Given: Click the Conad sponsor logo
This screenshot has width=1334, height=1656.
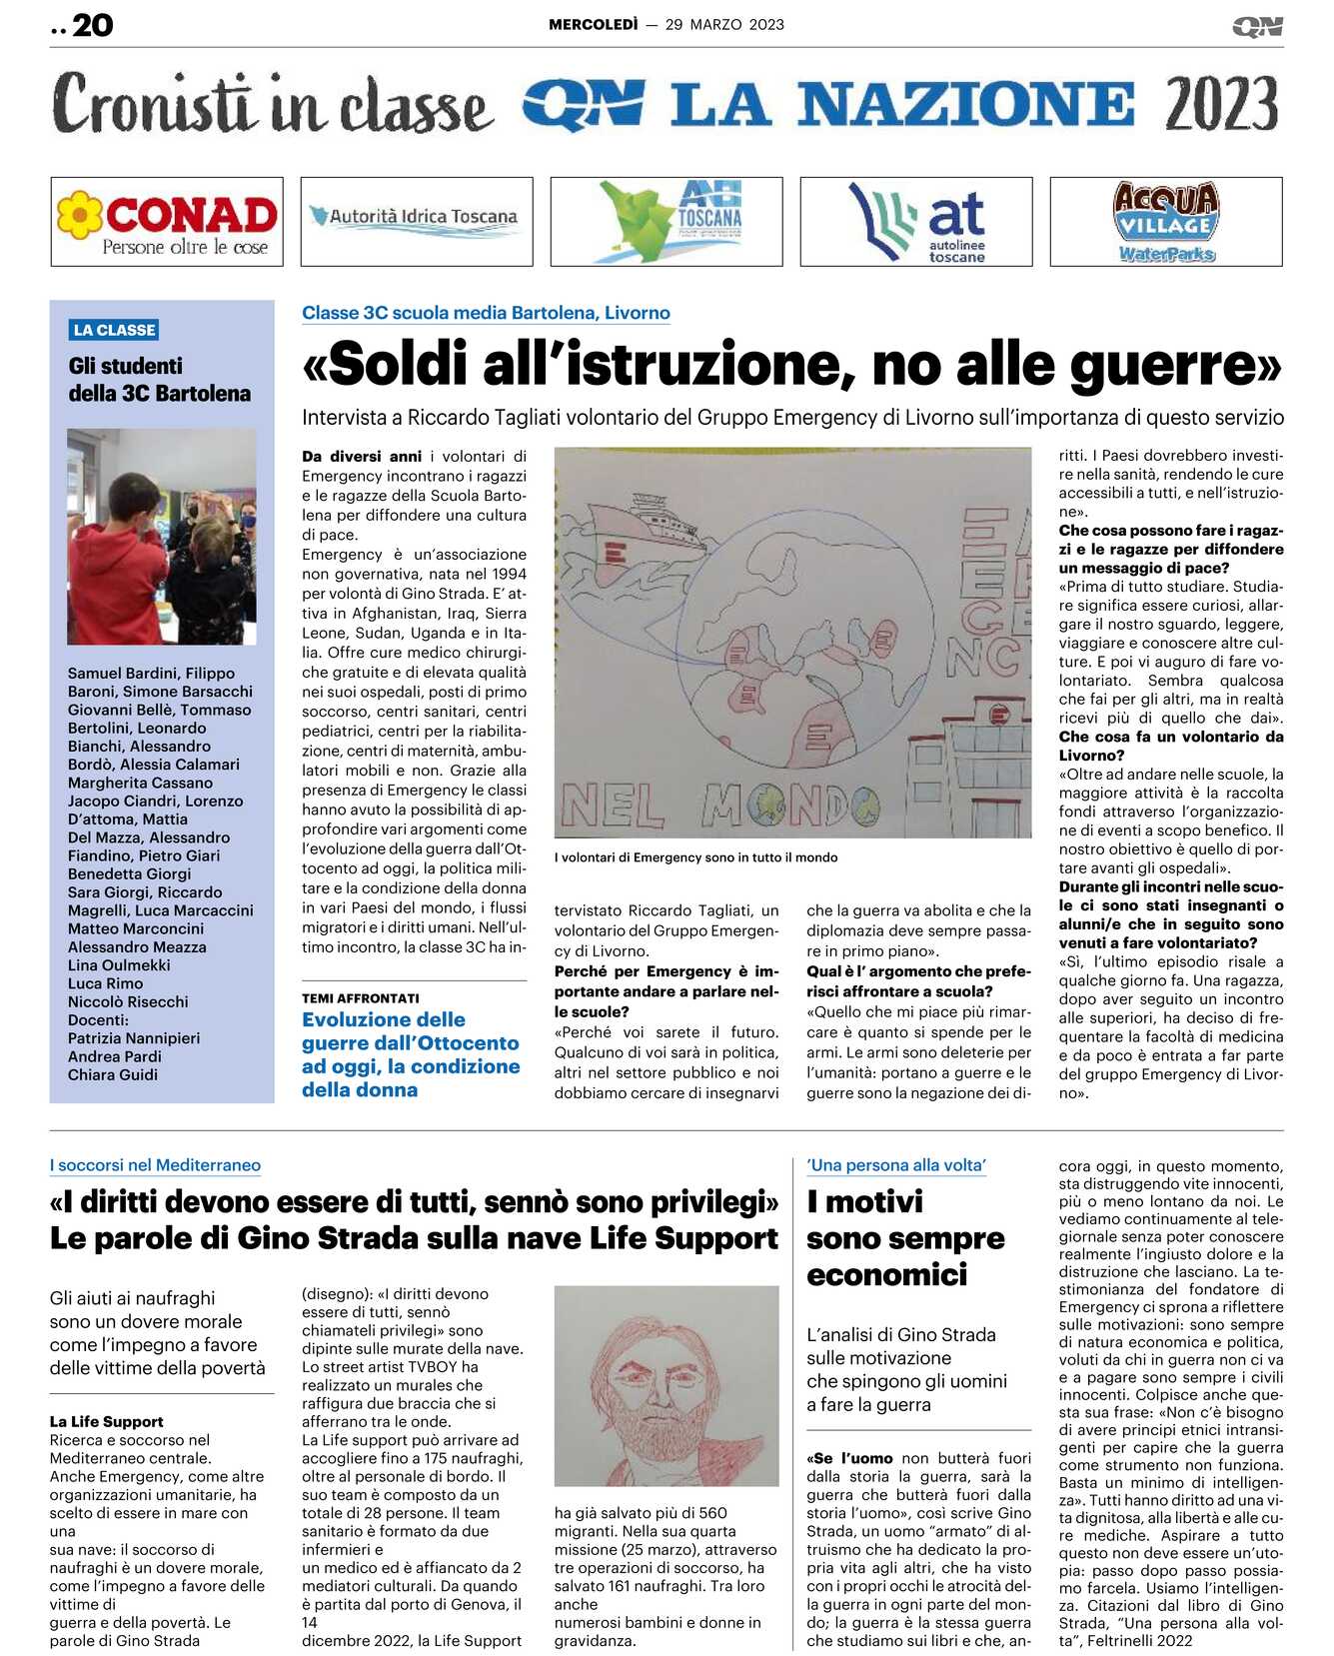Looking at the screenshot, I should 167,222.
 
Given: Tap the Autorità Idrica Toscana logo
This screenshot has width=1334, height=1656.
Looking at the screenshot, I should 417,222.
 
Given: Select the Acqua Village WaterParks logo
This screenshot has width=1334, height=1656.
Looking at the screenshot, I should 1165,222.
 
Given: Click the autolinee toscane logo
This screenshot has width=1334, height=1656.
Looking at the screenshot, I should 916,222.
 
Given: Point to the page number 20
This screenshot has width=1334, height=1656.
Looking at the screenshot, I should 92,25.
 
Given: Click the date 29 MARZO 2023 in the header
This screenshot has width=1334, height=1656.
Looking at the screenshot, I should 724,25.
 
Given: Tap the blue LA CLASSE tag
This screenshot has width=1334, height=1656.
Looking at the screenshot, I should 115,330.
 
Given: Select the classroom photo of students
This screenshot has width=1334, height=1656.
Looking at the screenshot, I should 162,537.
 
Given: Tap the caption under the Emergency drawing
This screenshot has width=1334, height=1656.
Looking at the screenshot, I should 695,857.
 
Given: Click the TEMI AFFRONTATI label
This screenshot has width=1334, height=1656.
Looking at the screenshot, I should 361,998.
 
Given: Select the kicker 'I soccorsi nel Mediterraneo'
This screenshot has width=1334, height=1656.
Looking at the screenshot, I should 155,1165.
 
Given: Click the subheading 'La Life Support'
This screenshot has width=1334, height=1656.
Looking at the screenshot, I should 107,1421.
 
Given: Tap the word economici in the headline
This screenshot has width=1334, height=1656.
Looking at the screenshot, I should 887,1275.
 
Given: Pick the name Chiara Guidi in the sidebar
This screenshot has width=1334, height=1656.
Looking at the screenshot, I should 113,1074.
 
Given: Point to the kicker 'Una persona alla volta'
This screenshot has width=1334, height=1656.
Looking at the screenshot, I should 896,1165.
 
